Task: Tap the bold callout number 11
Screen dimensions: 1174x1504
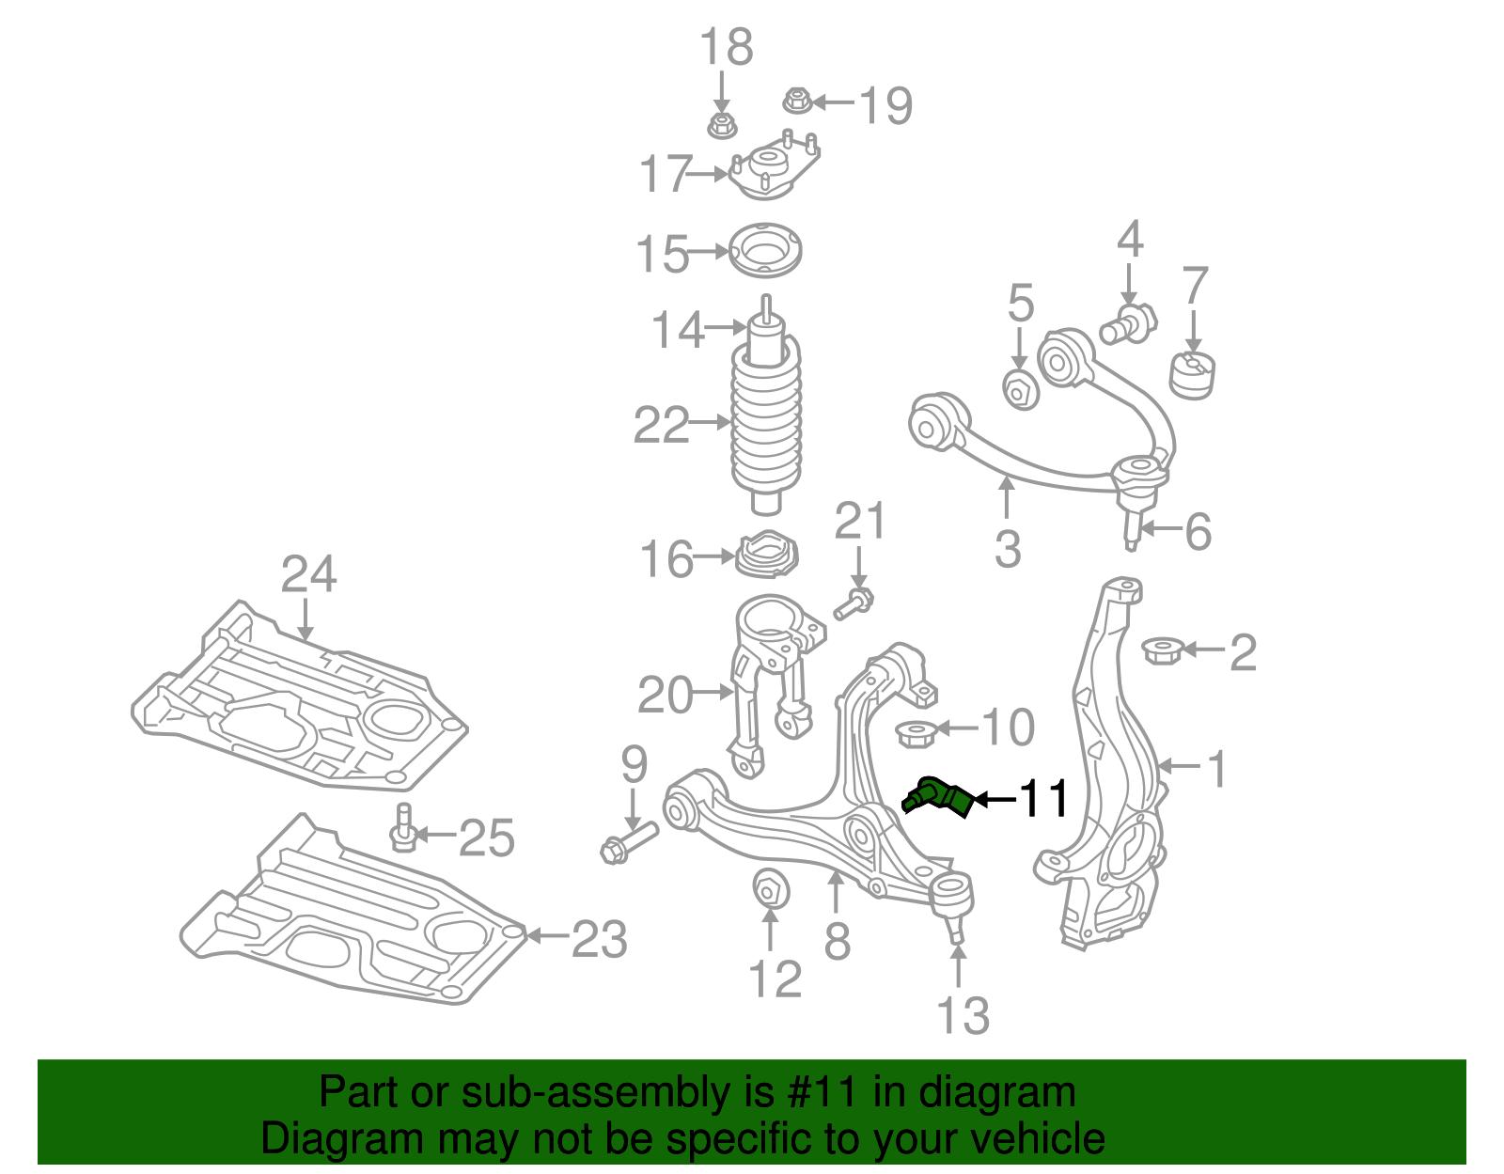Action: pos(1044,799)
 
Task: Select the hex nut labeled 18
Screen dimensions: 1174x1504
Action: pos(720,125)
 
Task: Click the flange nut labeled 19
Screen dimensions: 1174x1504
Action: pos(797,100)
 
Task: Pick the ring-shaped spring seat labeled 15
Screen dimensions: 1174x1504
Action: pos(765,251)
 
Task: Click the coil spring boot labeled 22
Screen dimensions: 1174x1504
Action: pos(766,423)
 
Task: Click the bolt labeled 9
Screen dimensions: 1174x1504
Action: pos(628,841)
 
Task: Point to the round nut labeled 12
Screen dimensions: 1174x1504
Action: pos(771,888)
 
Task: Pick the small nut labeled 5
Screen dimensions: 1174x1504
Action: pos(1021,388)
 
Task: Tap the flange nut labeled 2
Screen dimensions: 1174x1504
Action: pos(1161,650)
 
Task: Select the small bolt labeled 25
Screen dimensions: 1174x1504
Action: pos(403,826)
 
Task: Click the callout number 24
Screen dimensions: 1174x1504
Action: pos(308,574)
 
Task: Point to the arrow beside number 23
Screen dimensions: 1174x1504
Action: pos(548,935)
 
